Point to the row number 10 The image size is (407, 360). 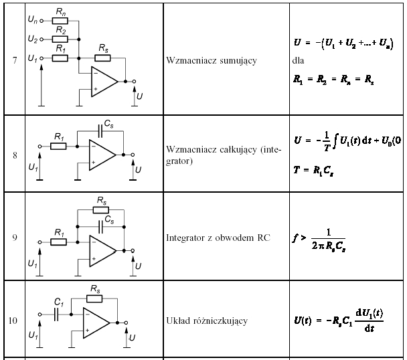(x=13, y=321)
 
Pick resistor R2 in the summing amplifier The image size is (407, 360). (x=60, y=39)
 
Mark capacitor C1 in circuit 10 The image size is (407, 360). (x=58, y=312)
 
